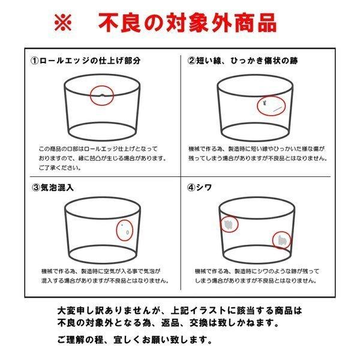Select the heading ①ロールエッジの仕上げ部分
point(86,61)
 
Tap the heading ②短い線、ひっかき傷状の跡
point(243,61)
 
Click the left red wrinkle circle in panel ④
point(229,224)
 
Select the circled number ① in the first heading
point(35,61)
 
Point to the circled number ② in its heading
point(192,61)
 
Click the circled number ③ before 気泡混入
point(35,186)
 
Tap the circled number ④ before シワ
point(192,186)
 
